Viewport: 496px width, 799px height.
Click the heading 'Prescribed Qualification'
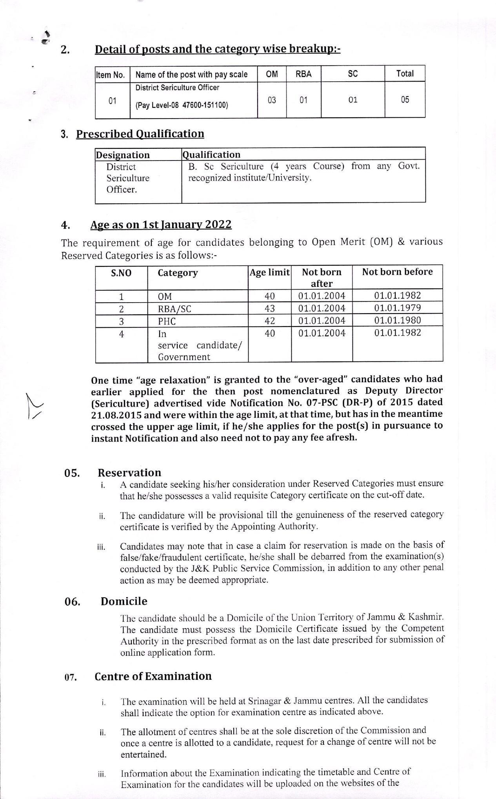point(140,134)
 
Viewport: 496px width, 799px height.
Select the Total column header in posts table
point(405,74)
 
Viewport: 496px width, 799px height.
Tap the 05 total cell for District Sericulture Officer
point(405,100)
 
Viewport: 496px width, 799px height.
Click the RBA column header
point(303,74)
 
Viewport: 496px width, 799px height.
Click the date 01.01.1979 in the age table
point(397,308)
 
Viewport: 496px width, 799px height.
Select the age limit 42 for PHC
point(270,321)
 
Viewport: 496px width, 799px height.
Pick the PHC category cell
point(167,321)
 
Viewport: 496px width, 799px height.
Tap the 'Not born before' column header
point(397,272)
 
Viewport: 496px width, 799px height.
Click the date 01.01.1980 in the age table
point(397,320)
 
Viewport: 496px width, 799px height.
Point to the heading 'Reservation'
point(129,472)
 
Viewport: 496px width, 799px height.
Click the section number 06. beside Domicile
point(73,602)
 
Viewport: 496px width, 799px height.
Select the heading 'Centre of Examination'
point(153,676)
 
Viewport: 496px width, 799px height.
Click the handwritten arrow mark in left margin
point(34,406)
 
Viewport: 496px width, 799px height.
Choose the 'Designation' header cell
point(123,155)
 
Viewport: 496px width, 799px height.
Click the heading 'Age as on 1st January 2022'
point(161,224)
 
